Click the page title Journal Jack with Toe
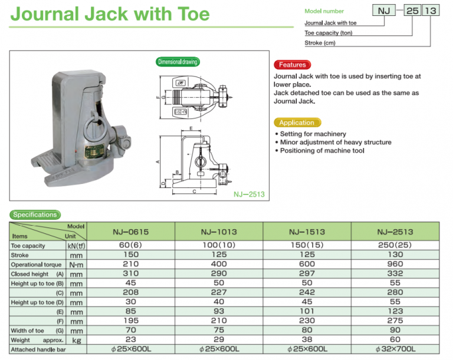coord(110,14)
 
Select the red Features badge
coord(292,65)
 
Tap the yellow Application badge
coord(297,123)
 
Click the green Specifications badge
coord(35,215)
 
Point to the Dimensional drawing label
coord(178,62)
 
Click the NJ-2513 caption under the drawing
coord(248,193)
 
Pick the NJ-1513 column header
coord(306,232)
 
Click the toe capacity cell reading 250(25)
coord(395,246)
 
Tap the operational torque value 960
coord(395,265)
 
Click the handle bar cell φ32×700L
coord(395,349)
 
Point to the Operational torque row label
coord(35,265)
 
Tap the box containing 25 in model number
coord(409,10)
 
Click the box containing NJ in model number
coord(383,10)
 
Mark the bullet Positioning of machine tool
coord(322,151)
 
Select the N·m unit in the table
coord(76,265)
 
